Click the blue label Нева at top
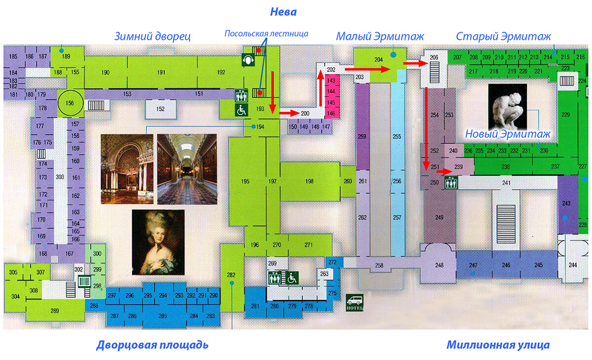(283, 11)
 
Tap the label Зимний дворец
(152, 36)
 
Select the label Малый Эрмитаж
(380, 36)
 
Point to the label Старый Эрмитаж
(503, 36)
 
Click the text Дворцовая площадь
(152, 345)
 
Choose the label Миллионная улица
(498, 345)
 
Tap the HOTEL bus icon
(355, 302)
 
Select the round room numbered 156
(70, 103)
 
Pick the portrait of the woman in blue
(158, 242)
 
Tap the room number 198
(309, 181)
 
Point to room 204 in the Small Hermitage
(379, 60)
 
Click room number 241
(506, 183)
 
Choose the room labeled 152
(160, 109)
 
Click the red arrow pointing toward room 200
(290, 113)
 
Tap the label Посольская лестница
(266, 34)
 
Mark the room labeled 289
(55, 311)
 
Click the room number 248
(439, 265)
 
